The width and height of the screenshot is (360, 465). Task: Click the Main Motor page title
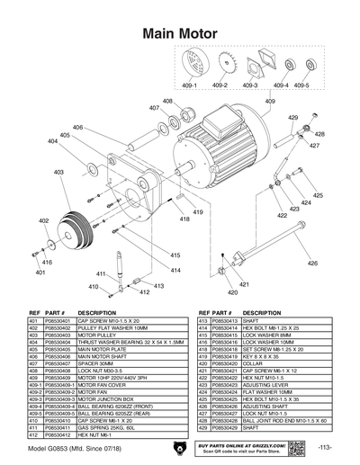coord(180,34)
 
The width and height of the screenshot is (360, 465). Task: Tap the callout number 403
coord(58,172)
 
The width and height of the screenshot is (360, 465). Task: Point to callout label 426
coord(313,264)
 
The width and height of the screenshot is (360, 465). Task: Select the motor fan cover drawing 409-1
coord(190,67)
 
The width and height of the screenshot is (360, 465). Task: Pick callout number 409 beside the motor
coord(269,102)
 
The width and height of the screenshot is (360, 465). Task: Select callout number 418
coord(184,219)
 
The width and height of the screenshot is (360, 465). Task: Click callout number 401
coord(40,272)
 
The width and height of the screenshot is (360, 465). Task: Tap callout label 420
coord(232,292)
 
